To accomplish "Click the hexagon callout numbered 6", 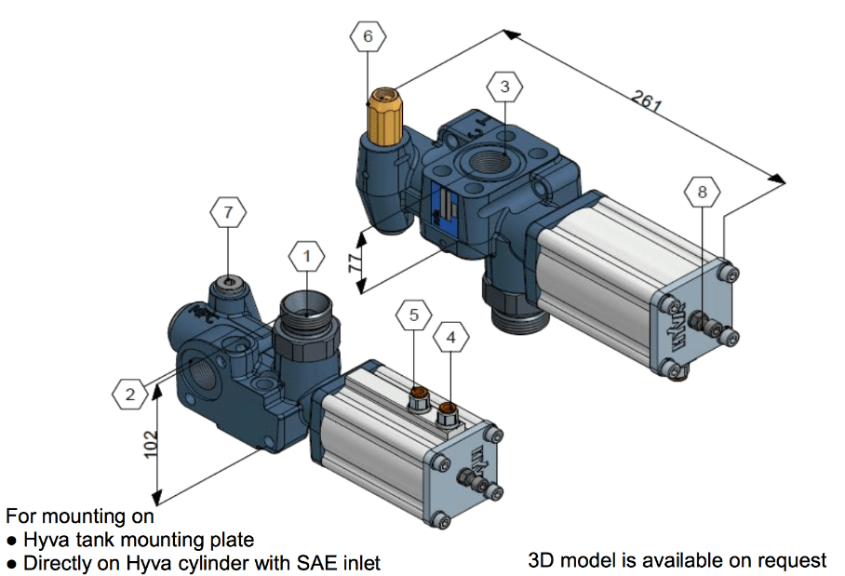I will click(367, 37).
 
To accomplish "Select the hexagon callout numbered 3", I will click(504, 88).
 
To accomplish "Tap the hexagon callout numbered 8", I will click(702, 193).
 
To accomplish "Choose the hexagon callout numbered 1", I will click(308, 253).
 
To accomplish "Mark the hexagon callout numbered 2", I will click(130, 395).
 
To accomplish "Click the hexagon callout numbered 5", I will click(414, 315).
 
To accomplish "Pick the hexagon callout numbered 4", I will click(451, 338).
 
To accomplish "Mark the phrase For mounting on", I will click(80, 516).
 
